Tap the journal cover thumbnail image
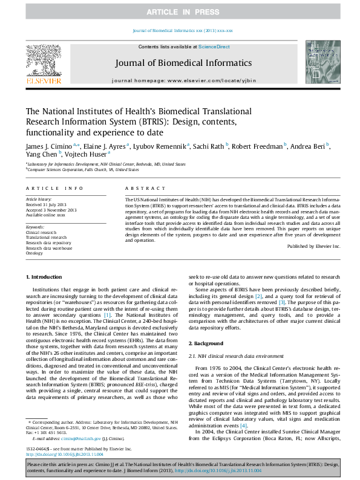click(x=322, y=62)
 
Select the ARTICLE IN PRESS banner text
click(x=180, y=12)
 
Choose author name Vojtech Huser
click(x=85, y=154)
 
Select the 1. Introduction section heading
click(x=45, y=277)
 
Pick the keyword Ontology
click(x=34, y=253)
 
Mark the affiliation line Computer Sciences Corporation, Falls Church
click(x=74, y=170)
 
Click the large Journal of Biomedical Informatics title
click(x=179, y=63)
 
